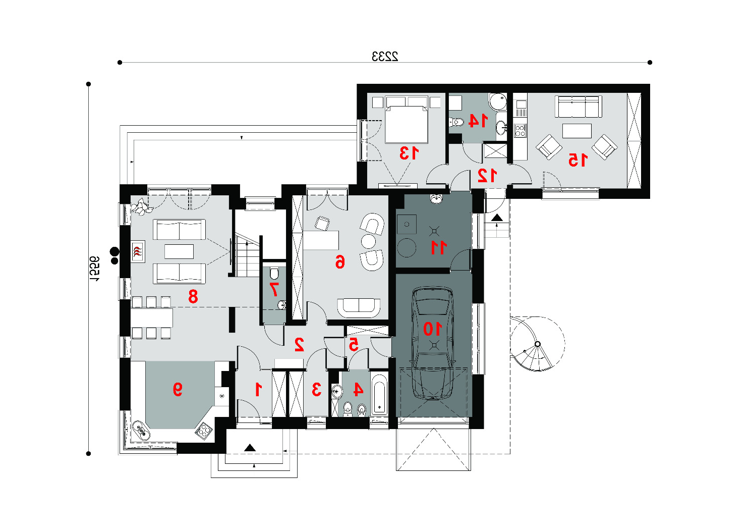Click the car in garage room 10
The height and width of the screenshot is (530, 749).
coord(433,343)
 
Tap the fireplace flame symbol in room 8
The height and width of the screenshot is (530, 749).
coord(137,251)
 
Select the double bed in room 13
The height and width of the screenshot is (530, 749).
coord(406,120)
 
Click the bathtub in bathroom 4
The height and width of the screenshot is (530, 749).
coord(379,394)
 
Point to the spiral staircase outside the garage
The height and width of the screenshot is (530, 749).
coord(537,344)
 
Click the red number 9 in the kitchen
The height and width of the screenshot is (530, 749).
coord(178,389)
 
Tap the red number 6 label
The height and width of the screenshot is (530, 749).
coord(340,261)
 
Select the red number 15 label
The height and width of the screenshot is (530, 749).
coord(578,160)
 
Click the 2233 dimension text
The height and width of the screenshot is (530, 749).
coord(385,57)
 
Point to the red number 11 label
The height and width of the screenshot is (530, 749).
coord(438,247)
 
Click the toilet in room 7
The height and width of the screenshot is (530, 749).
coord(274,273)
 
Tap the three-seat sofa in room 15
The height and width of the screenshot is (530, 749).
coord(578,107)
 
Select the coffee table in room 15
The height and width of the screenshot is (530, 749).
coord(577,131)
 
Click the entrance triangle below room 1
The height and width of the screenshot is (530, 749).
coord(250,448)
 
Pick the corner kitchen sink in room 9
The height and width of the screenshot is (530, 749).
coord(141,431)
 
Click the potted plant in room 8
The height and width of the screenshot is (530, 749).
coord(141,206)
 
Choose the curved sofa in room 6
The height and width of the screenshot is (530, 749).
coord(359,308)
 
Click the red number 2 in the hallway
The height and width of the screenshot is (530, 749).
coord(299,345)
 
